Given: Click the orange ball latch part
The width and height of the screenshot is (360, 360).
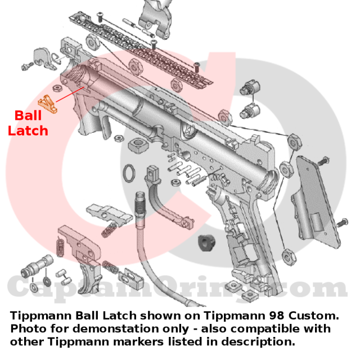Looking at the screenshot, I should (48, 103).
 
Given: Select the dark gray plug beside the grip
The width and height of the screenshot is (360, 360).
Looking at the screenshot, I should (206, 243).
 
